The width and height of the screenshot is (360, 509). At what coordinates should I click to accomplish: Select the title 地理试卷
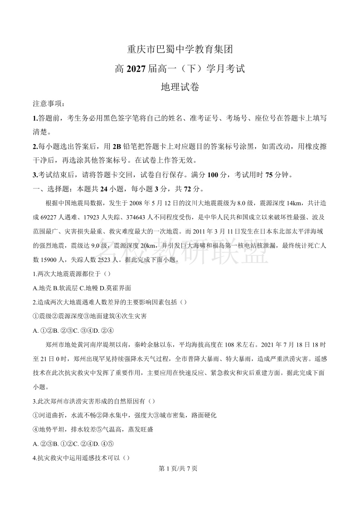[x=180, y=87]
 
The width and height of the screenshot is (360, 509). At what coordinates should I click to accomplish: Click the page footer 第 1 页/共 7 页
[x=180, y=469]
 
